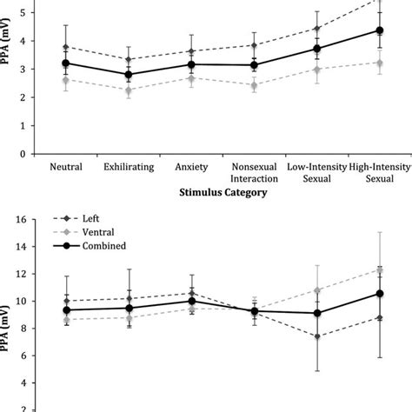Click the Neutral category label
pyautogui.click(x=67, y=167)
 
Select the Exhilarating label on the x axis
pyautogui.click(x=129, y=167)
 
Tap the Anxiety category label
pyautogui.click(x=191, y=167)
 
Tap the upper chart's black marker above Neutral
pyautogui.click(x=67, y=63)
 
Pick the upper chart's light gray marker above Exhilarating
pyautogui.click(x=129, y=90)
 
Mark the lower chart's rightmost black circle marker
pyautogui.click(x=379, y=294)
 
